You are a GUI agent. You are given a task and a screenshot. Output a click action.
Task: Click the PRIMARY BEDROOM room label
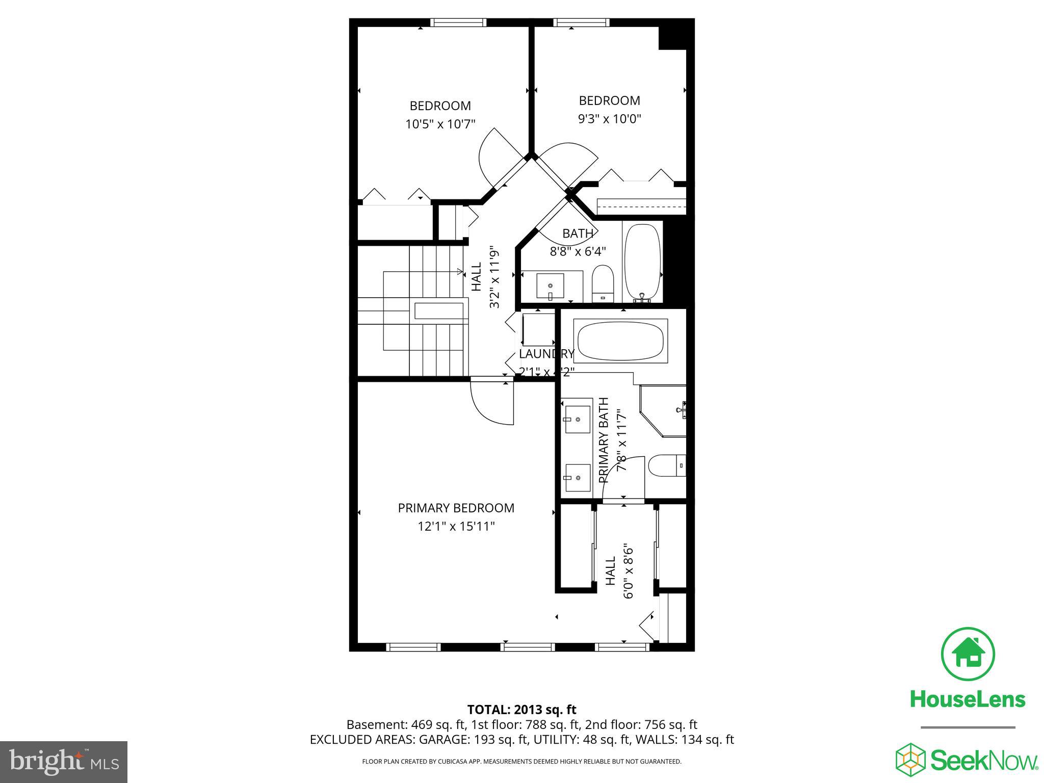tap(456, 508)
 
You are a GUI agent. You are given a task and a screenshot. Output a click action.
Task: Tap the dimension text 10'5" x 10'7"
tap(440, 124)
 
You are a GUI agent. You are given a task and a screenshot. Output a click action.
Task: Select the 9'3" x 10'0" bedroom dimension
tap(609, 119)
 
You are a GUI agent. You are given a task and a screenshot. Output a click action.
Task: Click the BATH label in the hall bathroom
tap(578, 233)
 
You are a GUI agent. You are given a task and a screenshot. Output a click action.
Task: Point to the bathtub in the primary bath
tap(620, 341)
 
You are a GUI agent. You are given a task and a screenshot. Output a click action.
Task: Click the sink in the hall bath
tap(550, 285)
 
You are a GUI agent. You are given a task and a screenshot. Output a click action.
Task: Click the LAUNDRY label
tap(546, 354)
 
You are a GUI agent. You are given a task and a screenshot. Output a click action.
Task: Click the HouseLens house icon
tap(968, 654)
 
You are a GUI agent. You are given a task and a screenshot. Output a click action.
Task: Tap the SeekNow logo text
tap(984, 761)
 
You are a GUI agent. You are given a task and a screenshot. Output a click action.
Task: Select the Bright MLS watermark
tap(64, 762)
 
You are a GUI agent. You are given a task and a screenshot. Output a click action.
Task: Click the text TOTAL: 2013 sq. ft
tap(521, 710)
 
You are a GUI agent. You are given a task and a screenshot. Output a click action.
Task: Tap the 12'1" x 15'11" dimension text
tap(456, 526)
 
